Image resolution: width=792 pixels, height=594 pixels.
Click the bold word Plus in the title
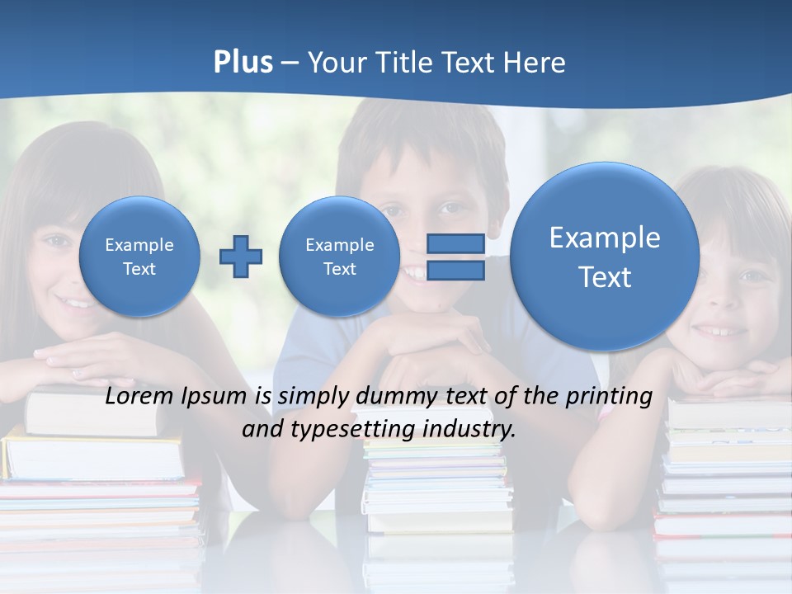[x=243, y=62]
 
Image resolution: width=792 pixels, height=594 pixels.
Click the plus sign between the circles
[x=240, y=257]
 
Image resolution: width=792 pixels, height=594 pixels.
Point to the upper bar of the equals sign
[x=455, y=243]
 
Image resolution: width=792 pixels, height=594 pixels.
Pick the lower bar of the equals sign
[x=455, y=271]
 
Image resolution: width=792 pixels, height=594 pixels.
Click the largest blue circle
[x=605, y=257]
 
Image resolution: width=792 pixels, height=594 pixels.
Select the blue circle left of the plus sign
[x=139, y=257]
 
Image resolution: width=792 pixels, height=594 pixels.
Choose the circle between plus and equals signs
[x=339, y=257]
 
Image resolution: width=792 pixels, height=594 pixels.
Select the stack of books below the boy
[x=437, y=487]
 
